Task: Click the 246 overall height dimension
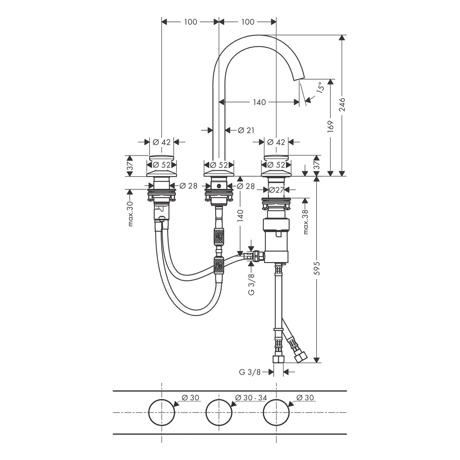pos(342,104)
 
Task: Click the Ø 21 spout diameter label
pos(246,130)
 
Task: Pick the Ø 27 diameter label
pos(276,190)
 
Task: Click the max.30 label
pos(131,214)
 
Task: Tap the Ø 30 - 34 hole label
pos(251,398)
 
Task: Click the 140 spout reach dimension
pos(259,102)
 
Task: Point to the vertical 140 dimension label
pos(240,216)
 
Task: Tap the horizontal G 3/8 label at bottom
pos(250,372)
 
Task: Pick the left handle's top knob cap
pos(162,158)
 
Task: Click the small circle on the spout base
pos(219,186)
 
